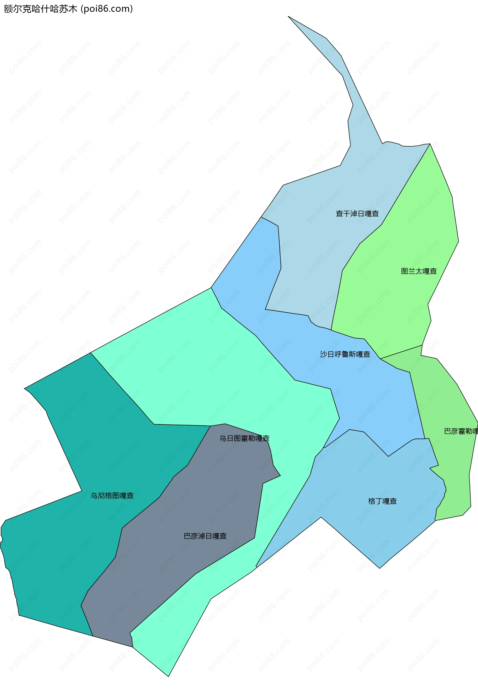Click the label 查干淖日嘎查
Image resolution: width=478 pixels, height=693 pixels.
point(357,214)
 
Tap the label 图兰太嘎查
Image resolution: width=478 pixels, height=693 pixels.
point(419,271)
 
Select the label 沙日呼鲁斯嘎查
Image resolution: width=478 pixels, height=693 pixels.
point(345,354)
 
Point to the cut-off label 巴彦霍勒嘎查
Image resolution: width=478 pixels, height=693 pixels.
point(461,431)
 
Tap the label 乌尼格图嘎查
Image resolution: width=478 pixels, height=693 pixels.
point(112,496)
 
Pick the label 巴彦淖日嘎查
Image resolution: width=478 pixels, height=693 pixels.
point(205,536)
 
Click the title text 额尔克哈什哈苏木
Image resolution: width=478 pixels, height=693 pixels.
point(40,9)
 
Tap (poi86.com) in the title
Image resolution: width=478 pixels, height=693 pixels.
point(107,9)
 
